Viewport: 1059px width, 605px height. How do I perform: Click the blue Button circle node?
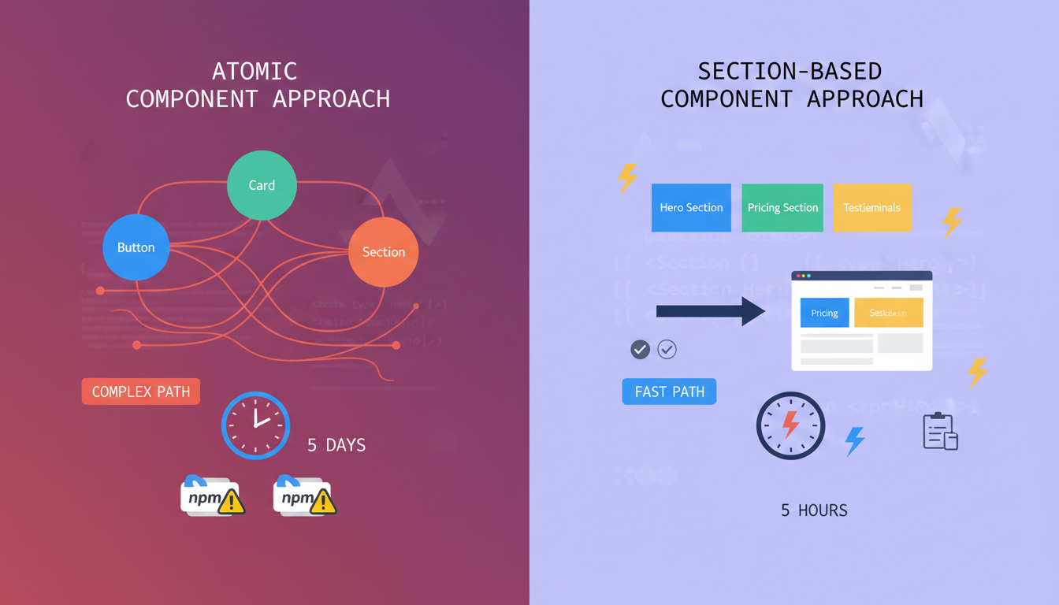tap(136, 247)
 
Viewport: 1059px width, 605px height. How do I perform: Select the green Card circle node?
tap(262, 185)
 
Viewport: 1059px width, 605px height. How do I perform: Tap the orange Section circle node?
tap(383, 252)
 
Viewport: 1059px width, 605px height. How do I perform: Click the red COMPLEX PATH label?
tap(141, 392)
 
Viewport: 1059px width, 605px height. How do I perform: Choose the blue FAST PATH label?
tap(669, 392)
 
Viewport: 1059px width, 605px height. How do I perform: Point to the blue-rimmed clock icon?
tap(255, 425)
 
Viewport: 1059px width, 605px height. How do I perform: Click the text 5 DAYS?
tap(336, 445)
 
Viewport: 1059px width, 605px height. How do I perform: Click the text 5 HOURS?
tap(814, 510)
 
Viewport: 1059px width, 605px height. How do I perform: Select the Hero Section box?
tap(691, 208)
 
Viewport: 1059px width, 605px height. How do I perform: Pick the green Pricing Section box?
tap(782, 208)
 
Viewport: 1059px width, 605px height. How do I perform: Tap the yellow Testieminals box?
tap(871, 208)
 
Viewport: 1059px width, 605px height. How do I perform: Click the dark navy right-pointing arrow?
tap(710, 311)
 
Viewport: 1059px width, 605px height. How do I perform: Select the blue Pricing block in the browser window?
tap(824, 313)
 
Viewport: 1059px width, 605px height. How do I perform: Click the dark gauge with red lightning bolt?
tap(790, 425)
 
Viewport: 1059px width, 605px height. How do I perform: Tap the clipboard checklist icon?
tap(940, 431)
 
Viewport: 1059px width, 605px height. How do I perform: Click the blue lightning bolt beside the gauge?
tap(854, 441)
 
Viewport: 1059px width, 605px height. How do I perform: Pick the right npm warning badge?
tap(305, 496)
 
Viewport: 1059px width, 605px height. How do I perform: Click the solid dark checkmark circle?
tap(641, 349)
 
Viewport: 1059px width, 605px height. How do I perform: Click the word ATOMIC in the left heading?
tap(255, 71)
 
